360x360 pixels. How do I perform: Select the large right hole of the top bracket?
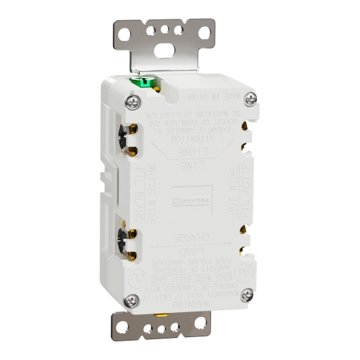pyautogui.click(x=205, y=32)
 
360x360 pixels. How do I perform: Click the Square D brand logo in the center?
pyautogui.click(x=187, y=200)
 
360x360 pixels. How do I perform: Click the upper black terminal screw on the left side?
pyautogui.click(x=127, y=136)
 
